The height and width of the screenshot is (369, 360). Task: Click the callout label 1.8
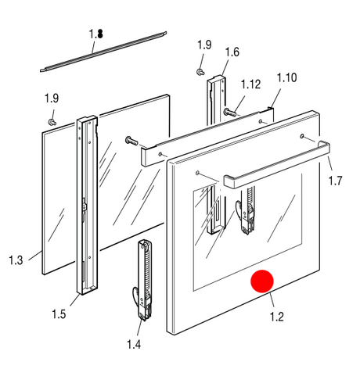pos(96,34)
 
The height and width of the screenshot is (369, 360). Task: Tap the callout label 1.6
pos(232,52)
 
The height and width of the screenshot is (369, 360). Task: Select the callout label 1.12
pos(250,84)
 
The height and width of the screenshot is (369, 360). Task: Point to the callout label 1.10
pos(286,77)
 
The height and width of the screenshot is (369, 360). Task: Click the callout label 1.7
pos(335,181)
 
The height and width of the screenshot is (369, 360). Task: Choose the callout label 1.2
pos(277,317)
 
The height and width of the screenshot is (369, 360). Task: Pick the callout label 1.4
pos(134,344)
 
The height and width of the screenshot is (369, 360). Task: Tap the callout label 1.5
pos(59,314)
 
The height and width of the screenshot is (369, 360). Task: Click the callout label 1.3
pos(16,260)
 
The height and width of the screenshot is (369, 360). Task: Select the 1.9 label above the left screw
pos(52,99)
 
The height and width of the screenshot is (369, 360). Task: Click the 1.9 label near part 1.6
pos(204,45)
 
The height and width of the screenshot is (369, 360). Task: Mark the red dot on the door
pos(262,281)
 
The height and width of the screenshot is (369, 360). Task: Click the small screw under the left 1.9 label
pos(52,122)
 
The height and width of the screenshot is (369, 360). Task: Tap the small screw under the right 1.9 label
pos(200,71)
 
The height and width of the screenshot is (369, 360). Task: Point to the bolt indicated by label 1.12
pos(229,113)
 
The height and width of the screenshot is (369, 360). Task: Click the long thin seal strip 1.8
pos(103,52)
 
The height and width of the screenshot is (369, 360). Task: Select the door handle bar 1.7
pos(276,164)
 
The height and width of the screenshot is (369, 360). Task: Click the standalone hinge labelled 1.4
pos(144,279)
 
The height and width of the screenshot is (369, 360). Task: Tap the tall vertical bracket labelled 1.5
pos(87,206)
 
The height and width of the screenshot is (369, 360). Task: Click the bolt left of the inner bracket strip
pos(132,141)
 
